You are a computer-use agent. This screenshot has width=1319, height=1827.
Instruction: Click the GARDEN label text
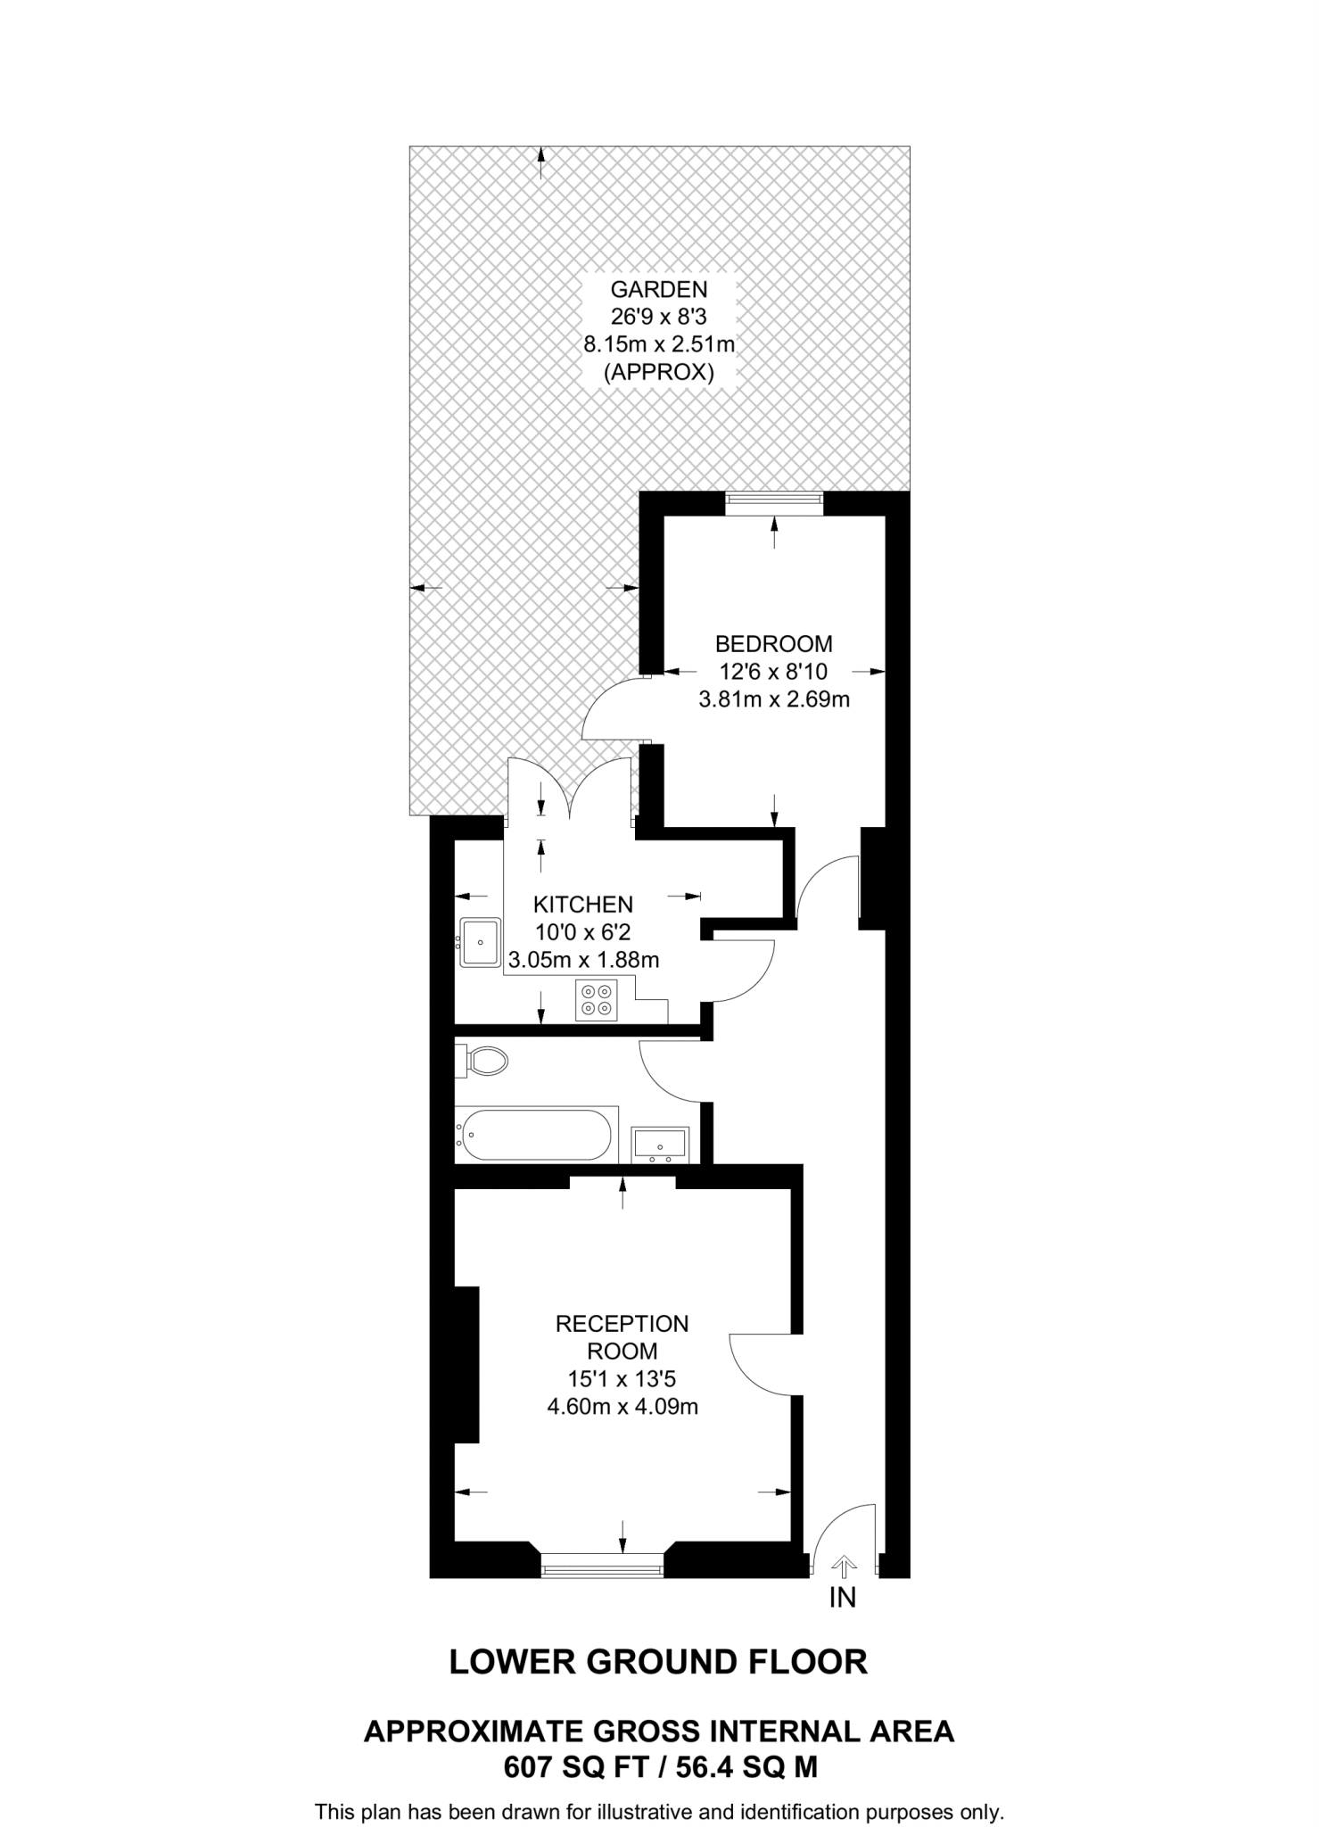(x=658, y=289)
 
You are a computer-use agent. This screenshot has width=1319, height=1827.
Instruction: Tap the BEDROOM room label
(x=773, y=643)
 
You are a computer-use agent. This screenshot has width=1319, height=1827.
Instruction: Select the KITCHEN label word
(x=584, y=905)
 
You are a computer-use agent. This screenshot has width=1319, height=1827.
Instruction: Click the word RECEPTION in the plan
(x=622, y=1324)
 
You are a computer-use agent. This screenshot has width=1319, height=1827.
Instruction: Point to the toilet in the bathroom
(x=485, y=1061)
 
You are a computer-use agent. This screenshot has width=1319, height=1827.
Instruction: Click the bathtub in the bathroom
(x=533, y=1135)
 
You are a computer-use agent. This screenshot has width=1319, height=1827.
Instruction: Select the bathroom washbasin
(x=660, y=1145)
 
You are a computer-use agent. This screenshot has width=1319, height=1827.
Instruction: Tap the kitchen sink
(x=480, y=942)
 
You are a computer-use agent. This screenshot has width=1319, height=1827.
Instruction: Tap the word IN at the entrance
(x=843, y=1598)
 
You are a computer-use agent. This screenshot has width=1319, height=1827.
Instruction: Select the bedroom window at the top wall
(x=773, y=503)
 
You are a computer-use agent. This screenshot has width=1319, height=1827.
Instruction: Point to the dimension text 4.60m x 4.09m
(x=622, y=1408)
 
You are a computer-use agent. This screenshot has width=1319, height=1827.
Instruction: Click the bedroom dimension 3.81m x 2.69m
(x=773, y=699)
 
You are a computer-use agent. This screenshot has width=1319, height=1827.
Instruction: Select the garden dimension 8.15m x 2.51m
(x=658, y=343)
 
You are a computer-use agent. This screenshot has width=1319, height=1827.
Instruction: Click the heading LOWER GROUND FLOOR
(x=658, y=1662)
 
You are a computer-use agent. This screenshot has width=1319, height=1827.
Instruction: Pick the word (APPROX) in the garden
(x=658, y=372)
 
